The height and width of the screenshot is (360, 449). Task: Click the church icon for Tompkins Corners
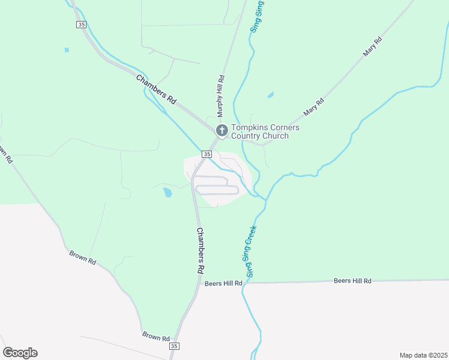(221, 130)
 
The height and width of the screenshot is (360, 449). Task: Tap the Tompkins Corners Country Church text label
(265, 131)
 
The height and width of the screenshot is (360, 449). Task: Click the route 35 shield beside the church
(206, 154)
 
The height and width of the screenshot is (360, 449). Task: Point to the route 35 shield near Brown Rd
(174, 346)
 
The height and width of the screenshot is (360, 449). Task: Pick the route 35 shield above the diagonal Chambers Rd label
(81, 25)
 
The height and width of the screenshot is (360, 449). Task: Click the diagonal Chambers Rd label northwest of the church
(155, 89)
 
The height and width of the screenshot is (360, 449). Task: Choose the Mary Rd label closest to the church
(313, 107)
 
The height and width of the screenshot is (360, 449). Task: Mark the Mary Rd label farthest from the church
(373, 48)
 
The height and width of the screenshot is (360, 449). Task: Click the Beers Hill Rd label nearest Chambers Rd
(223, 283)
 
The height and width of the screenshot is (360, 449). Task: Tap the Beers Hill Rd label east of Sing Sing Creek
(352, 281)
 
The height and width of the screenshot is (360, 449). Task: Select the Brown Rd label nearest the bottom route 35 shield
(155, 337)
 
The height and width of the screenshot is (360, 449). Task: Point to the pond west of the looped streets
(167, 193)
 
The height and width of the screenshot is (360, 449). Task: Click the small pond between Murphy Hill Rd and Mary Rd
(271, 95)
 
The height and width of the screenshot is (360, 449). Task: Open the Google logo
(20, 353)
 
